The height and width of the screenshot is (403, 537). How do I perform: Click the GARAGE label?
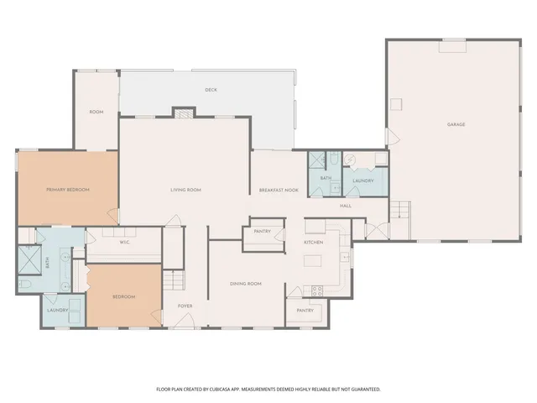tap(456, 124)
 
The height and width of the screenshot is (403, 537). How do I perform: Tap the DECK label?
tap(211, 90)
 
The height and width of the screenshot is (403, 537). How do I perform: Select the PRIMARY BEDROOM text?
tap(67, 190)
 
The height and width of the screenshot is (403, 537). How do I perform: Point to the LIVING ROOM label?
tap(185, 190)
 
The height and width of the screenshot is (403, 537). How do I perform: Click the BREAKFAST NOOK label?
tap(279, 190)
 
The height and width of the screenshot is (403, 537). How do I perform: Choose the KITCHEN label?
tap(313, 243)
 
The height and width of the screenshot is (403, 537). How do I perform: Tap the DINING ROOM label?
tap(246, 284)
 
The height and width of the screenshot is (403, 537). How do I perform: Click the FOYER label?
tap(185, 306)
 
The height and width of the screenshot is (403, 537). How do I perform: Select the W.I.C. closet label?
tap(123, 243)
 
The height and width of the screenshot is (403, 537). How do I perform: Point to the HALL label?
tap(345, 206)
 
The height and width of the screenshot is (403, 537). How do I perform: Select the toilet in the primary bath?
tap(24, 286)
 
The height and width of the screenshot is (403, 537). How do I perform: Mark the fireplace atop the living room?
tap(183, 113)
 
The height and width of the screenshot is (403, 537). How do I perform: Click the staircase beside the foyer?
tap(173, 280)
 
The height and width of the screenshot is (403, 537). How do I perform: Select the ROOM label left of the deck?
tap(96, 112)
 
